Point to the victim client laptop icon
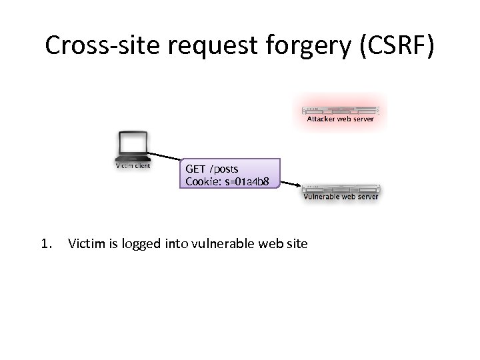(132, 146)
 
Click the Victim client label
(133, 165)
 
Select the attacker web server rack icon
(340, 110)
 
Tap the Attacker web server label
(340, 120)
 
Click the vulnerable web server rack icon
(341, 187)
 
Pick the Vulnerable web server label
(341, 197)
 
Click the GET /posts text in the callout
(212, 169)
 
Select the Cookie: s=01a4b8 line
(227, 181)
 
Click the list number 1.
(45, 244)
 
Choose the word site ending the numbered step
(296, 244)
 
